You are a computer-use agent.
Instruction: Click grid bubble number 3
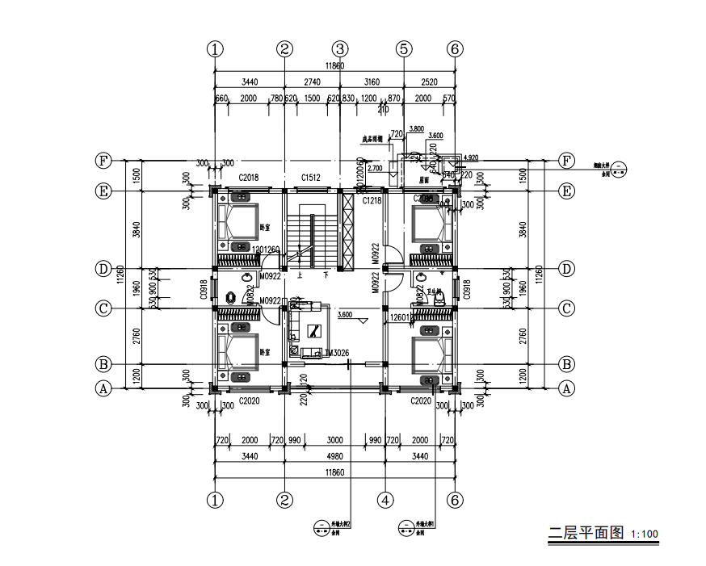[x=340, y=48]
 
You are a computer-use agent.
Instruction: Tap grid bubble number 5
[x=404, y=48]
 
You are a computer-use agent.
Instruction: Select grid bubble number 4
[x=385, y=501]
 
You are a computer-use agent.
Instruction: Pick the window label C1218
[x=372, y=200]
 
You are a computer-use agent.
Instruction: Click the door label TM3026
[x=336, y=353]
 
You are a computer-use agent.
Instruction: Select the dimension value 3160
[x=372, y=82]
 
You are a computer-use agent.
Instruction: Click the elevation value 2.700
[x=375, y=169]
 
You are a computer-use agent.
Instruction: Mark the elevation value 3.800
[x=417, y=128]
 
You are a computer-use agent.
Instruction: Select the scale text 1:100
[x=645, y=535]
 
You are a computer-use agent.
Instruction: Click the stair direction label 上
[x=300, y=275]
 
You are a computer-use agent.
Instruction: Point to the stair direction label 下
[x=326, y=275]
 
